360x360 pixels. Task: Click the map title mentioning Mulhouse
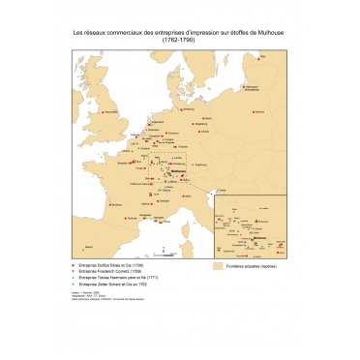click(179, 32)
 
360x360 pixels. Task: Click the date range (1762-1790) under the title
click(179, 40)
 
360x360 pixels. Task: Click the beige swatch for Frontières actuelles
click(218, 265)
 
